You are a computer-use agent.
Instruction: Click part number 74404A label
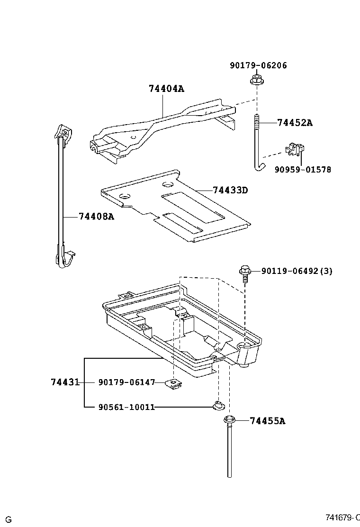pos(166,89)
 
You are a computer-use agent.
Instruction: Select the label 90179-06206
pos(258,65)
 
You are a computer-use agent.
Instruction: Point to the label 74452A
pos(295,123)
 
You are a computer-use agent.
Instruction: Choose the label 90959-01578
pos(302,169)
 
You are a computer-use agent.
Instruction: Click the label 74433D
pos(230,190)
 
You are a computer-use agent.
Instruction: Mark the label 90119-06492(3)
pos(297,271)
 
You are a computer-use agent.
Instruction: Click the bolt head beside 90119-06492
pos(245,271)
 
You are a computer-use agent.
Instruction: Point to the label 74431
pos(65,382)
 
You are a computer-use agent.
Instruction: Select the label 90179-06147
pos(127,382)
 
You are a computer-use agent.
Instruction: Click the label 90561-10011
pos(127,407)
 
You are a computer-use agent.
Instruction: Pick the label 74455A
pos(267,421)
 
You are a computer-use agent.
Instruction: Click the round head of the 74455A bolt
pos(229,420)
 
